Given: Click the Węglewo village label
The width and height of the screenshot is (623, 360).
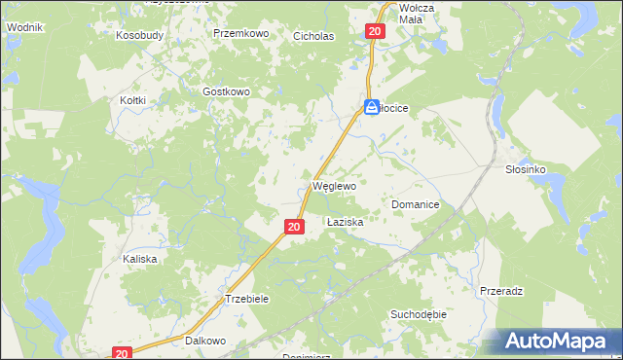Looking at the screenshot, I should (x=334, y=185).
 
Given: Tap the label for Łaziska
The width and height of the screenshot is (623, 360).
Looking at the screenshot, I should (x=345, y=222).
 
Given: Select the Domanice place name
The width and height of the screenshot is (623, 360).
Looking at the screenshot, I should (x=416, y=205).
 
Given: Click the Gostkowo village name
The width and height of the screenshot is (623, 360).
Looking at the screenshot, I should (x=227, y=91).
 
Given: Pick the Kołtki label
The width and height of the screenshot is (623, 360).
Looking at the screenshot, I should (x=132, y=100).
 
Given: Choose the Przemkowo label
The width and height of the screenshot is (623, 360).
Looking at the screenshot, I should (x=240, y=33).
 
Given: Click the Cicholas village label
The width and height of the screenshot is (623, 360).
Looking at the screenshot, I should (x=313, y=36).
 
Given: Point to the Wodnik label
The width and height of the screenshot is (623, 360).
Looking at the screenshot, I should (x=24, y=28).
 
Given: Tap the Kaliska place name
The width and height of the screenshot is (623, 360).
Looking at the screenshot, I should (x=139, y=260).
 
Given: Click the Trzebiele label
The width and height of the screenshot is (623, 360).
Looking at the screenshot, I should (x=246, y=299).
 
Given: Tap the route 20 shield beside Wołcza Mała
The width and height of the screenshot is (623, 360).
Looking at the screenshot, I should (x=377, y=32).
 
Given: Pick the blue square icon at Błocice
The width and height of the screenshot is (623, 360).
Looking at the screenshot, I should (x=372, y=108).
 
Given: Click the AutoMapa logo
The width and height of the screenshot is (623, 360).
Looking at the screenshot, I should (x=558, y=341).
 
